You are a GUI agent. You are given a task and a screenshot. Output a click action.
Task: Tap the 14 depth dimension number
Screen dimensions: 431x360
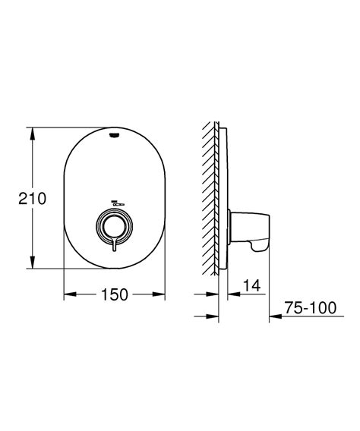click(x=250, y=286)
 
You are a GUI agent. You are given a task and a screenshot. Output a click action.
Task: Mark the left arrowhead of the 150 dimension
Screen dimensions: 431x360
click(x=67, y=293)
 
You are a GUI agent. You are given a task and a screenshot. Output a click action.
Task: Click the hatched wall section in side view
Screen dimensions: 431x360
click(x=213, y=197)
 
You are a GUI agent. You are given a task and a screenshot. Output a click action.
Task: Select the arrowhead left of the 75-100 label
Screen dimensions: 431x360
click(x=276, y=316)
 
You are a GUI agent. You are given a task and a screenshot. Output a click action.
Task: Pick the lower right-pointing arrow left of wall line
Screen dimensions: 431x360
click(x=213, y=316)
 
